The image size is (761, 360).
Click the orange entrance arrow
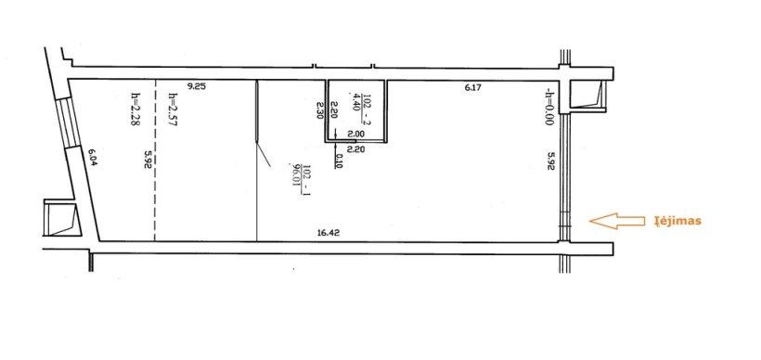pyautogui.click(x=616, y=221)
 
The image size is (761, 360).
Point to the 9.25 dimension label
pyautogui.click(x=197, y=87)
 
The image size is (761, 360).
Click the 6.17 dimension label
pyautogui.click(x=471, y=88)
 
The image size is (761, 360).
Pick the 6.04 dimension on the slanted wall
pyautogui.click(x=93, y=157)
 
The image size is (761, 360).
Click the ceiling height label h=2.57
pyautogui.click(x=172, y=110)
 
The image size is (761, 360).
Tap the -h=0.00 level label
pyautogui.click(x=548, y=107)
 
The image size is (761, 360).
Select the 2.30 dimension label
pyautogui.click(x=320, y=110)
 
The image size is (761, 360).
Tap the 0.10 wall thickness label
pyautogui.click(x=338, y=161)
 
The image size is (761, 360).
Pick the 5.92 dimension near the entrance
pyautogui.click(x=551, y=161)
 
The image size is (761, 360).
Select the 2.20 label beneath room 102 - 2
pyautogui.click(x=356, y=149)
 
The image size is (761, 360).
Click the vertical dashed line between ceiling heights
pyautogui.click(x=155, y=161)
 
